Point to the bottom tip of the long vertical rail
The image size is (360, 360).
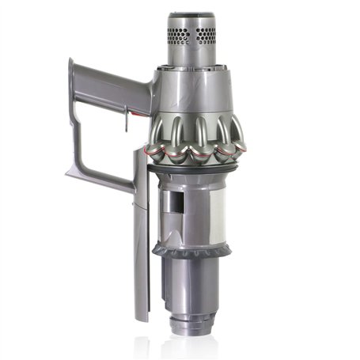(141, 317)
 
